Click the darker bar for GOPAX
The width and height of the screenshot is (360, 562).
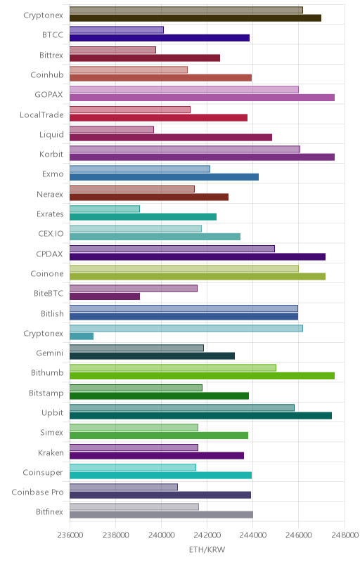coord(202,98)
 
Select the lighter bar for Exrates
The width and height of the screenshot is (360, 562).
coord(105,209)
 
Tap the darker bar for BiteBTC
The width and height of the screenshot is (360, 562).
coord(105,296)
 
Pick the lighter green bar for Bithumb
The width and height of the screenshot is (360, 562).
coord(173,367)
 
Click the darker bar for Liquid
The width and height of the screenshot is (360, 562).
coord(171,137)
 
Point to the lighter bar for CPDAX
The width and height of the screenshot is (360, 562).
coord(172,249)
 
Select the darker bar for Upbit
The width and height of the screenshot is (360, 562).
coord(200,415)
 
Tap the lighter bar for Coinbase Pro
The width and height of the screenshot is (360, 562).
coord(124,487)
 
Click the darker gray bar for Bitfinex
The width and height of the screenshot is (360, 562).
coord(161,515)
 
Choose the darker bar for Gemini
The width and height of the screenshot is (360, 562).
coord(152,356)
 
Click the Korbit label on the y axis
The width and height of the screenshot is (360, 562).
coord(51,154)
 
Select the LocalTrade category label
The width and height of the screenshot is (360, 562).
coord(41,115)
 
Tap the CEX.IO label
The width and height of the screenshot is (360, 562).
coord(51,234)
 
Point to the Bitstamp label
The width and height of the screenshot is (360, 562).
coord(46,393)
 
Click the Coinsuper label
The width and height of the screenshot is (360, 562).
coord(43,473)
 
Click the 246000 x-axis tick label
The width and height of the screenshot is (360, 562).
coord(298,535)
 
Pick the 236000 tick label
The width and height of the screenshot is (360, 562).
coord(70,535)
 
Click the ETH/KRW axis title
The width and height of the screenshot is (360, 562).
coord(207,549)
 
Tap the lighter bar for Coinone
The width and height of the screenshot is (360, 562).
coord(184,268)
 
